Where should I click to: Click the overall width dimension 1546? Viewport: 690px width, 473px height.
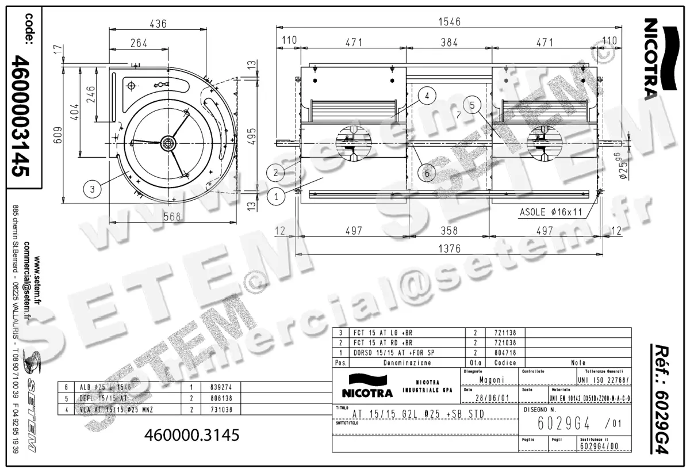(449, 22)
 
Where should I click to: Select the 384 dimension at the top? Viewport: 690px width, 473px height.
(448, 42)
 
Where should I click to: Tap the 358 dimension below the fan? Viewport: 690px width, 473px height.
(448, 231)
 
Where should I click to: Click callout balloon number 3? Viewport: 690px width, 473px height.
(91, 187)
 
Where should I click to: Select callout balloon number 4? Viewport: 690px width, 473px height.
(427, 96)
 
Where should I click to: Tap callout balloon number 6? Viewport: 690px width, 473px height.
(427, 172)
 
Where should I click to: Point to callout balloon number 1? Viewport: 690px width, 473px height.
(277, 196)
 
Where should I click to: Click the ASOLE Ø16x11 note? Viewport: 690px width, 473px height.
(551, 212)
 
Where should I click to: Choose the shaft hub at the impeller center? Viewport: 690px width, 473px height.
(167, 142)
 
